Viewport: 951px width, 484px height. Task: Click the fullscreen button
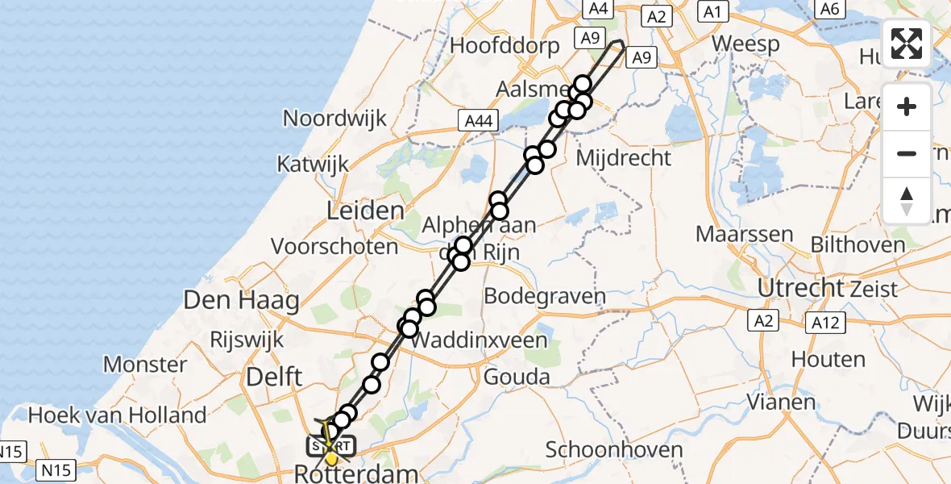click(x=907, y=44)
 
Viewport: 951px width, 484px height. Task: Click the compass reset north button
click(x=907, y=200)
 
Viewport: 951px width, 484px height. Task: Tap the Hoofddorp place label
click(x=505, y=45)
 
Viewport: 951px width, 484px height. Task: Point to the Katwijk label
click(x=313, y=164)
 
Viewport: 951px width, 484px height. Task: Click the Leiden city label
click(x=365, y=211)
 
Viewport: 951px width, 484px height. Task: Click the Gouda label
click(x=517, y=377)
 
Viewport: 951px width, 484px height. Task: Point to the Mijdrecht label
click(x=624, y=157)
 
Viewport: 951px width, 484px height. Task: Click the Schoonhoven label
click(x=614, y=450)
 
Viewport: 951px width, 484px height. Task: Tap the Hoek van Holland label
click(x=118, y=415)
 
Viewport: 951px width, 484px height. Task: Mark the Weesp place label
click(x=745, y=44)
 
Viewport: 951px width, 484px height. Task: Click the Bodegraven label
click(x=544, y=296)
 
